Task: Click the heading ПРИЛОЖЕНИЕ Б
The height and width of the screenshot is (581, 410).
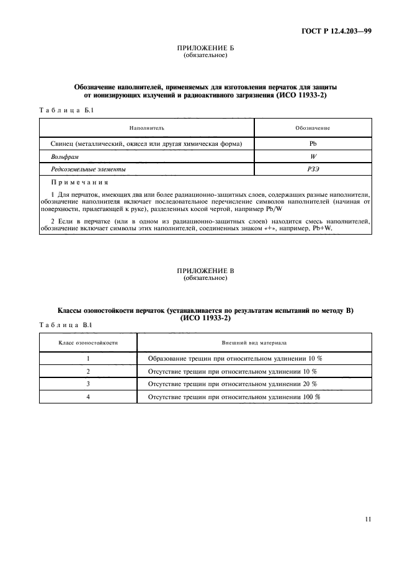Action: click(x=205, y=48)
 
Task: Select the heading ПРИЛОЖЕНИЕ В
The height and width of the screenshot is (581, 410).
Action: click(x=205, y=271)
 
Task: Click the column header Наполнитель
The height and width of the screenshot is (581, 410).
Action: click(x=146, y=128)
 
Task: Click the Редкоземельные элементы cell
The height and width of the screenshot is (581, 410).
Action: click(x=88, y=169)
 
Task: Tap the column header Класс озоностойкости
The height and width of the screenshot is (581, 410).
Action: click(x=88, y=343)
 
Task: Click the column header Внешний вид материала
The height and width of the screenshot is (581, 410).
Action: click(x=254, y=343)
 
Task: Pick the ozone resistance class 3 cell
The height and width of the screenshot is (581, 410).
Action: click(x=88, y=384)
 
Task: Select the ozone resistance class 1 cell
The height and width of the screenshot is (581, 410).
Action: click(x=88, y=359)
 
